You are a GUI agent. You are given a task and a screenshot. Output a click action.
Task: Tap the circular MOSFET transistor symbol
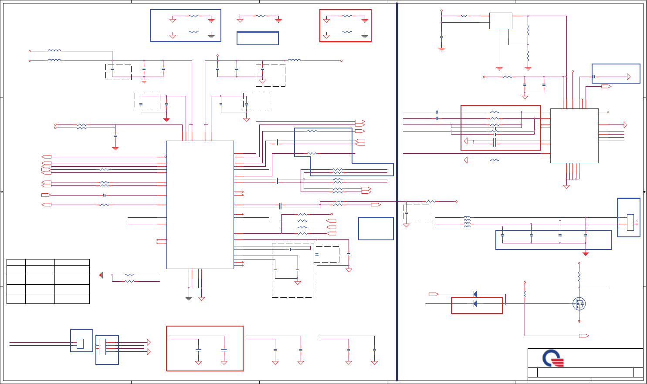pos(579,303)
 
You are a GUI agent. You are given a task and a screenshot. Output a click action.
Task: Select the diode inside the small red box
pos(475,303)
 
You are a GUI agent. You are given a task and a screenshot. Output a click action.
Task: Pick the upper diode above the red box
pos(475,294)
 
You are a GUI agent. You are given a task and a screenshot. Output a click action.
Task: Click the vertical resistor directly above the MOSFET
pos(579,276)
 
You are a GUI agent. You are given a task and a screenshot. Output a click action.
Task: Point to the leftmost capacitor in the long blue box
pos(502,236)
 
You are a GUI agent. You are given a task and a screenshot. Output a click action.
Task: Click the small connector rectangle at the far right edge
pos(630,222)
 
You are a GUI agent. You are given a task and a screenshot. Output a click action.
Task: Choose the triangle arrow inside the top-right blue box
pos(628,77)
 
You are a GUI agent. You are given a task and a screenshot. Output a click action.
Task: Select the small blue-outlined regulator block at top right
pos(501,21)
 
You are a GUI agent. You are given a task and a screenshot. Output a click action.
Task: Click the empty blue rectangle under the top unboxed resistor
pos(257,38)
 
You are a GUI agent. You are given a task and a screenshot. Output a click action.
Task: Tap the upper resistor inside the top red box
pos(347,16)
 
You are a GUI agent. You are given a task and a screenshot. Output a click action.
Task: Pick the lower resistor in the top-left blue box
pos(193,32)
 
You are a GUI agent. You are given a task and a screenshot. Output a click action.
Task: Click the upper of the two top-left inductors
pos(54,51)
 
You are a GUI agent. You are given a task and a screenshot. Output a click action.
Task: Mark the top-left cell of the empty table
pos(16,262)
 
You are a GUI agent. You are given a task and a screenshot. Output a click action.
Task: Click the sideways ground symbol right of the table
pos(101,275)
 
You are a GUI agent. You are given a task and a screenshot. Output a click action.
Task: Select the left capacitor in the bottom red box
pos(198,350)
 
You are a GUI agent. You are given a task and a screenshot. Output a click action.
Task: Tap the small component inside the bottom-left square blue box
pos(80,344)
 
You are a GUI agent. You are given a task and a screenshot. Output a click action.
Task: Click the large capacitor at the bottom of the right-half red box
pos(494,143)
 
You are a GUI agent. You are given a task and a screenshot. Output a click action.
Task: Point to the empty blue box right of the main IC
pos(376,228)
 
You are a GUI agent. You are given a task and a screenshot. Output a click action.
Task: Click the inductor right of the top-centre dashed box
pos(294,60)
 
